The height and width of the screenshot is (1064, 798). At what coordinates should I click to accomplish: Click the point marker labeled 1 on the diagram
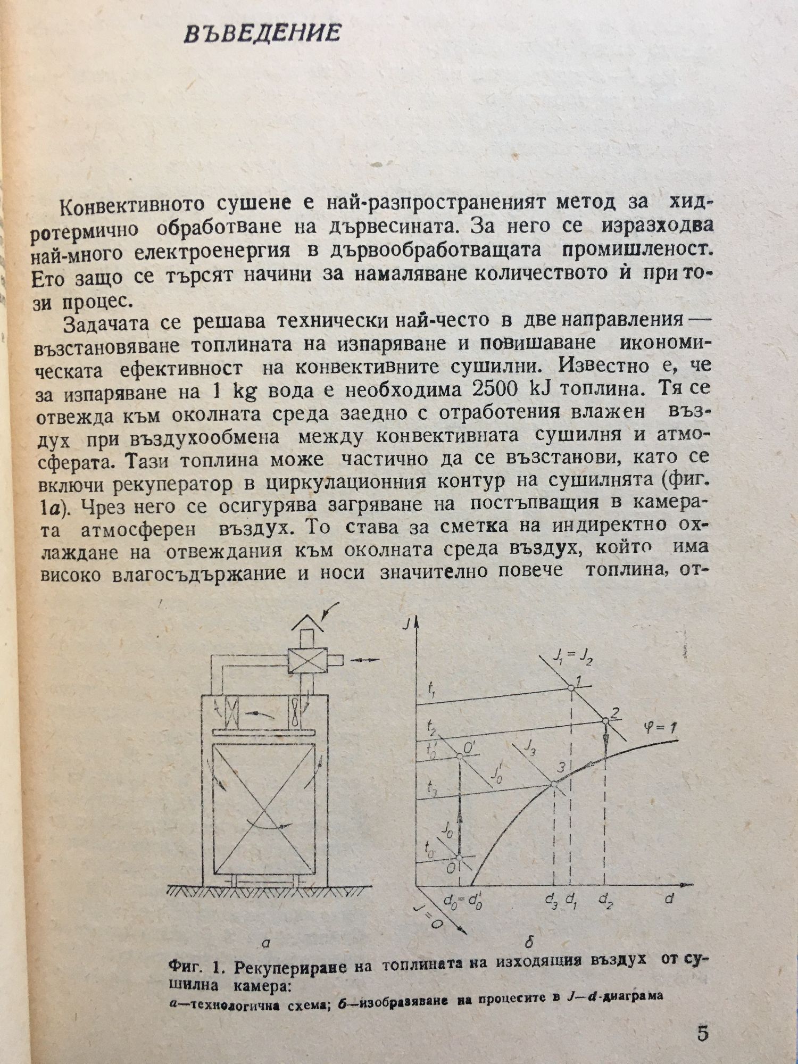coord(570,687)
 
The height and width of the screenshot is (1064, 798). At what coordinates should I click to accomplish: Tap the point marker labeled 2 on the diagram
coord(605,721)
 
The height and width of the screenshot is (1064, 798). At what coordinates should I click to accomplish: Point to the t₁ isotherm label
coord(431,690)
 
